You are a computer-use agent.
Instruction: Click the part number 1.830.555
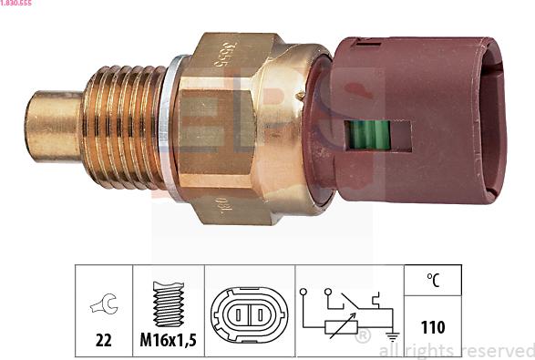point(18,5)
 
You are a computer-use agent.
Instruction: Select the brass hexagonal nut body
point(228,128)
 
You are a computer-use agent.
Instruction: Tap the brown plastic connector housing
point(419,118)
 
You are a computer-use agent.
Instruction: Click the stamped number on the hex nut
point(221,56)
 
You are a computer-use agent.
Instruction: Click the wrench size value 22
point(103,340)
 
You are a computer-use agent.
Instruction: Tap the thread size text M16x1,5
point(169,340)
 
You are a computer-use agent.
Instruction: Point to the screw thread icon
point(170,303)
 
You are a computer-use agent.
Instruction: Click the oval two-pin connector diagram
point(249,314)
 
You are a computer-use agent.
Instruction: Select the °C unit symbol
point(433,282)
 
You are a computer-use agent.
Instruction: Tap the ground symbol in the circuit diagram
point(393,337)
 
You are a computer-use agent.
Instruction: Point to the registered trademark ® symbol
point(362,338)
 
